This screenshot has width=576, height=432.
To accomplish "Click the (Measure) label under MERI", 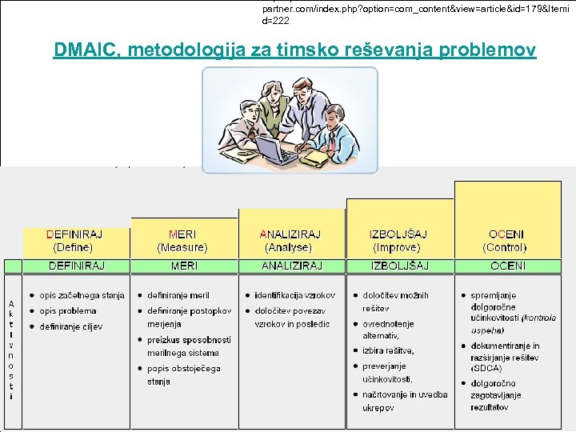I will [182, 248].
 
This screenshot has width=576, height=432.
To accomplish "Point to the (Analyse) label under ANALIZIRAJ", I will [290, 248].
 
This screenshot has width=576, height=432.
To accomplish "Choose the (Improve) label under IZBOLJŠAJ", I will [398, 248].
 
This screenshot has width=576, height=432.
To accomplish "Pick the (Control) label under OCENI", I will [505, 248].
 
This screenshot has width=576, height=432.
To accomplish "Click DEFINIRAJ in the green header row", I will [77, 266].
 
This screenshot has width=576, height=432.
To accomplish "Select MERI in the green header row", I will [185, 266].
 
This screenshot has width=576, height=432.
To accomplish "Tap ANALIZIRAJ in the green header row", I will [291, 266].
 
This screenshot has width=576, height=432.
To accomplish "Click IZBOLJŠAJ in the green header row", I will [399, 266].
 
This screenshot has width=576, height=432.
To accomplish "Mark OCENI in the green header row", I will [508, 266].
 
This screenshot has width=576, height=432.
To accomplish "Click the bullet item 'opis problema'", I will [67, 311].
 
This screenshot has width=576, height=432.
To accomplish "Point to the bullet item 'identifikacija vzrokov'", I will [294, 295].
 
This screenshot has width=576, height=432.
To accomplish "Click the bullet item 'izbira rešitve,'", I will [388, 350].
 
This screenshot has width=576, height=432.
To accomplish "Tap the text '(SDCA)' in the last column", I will [487, 369].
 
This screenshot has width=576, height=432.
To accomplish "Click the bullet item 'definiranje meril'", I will [178, 295].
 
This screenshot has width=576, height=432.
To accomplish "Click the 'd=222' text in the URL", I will [276, 21].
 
